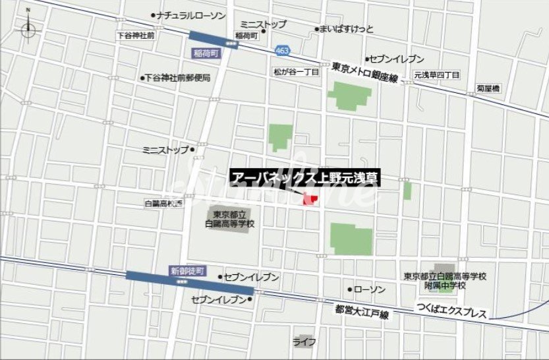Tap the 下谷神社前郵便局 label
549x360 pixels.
177,78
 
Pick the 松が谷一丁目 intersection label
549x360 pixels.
297,71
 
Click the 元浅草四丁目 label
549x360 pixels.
437,75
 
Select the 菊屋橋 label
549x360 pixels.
488,88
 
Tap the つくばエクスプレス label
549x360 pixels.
451,309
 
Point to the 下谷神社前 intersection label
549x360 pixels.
135,35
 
